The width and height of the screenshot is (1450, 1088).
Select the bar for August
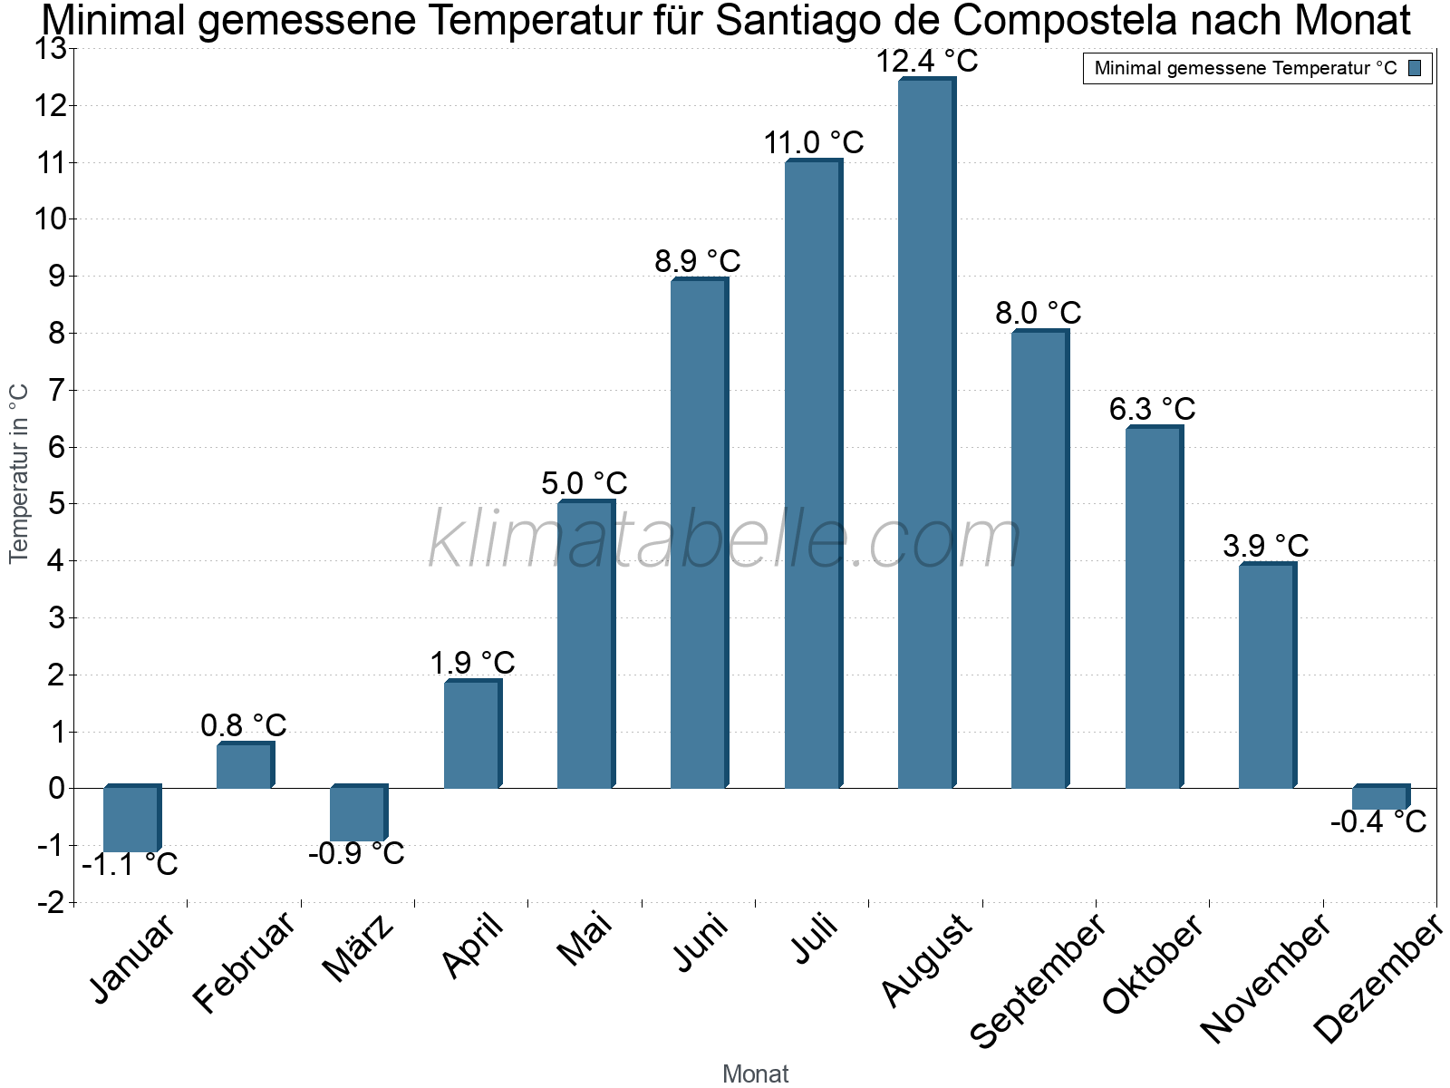[x=925, y=433]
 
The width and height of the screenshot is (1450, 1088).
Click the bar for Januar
[x=130, y=819]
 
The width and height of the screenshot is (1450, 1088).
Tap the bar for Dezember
[x=1379, y=798]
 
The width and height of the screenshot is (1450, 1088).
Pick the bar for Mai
[x=585, y=645]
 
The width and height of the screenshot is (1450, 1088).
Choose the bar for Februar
[x=244, y=765]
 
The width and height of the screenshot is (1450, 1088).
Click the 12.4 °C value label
[x=927, y=62]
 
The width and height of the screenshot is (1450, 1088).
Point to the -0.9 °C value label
[x=356, y=854]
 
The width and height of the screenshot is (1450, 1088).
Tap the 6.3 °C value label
[x=1152, y=409]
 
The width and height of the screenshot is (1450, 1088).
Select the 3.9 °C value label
[x=1265, y=546]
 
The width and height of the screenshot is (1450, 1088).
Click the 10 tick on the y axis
[x=52, y=219]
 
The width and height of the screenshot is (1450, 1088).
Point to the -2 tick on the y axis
[x=52, y=902]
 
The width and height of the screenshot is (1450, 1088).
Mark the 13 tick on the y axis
[x=52, y=49]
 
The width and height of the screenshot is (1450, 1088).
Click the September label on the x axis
[x=1039, y=979]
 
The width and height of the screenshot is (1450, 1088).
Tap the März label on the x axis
[x=360, y=948]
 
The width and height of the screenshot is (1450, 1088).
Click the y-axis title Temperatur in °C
[x=19, y=473]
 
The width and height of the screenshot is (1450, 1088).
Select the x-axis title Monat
[x=755, y=1074]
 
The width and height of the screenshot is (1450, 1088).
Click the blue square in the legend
[x=1415, y=68]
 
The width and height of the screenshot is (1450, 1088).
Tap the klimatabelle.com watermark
[x=725, y=540]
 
